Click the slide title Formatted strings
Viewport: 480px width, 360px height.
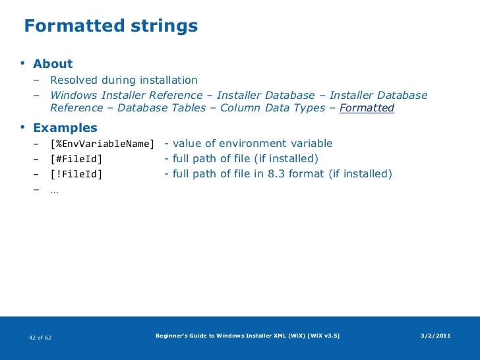pos(111,26)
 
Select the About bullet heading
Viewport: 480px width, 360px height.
pos(53,64)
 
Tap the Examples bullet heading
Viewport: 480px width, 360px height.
pos(65,127)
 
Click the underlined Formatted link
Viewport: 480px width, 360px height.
pos(367,108)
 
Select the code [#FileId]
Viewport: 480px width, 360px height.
pos(76,159)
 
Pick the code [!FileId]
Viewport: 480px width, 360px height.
pos(76,174)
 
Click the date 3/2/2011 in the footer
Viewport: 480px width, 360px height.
pos(436,336)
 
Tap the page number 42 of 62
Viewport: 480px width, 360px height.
pos(41,338)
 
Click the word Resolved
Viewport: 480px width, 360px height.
pos(77,80)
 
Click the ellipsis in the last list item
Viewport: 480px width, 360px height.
pos(54,190)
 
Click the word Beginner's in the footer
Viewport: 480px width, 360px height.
pos(171,336)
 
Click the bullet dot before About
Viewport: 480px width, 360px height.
pos(23,63)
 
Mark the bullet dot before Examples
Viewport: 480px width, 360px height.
pos(23,127)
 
